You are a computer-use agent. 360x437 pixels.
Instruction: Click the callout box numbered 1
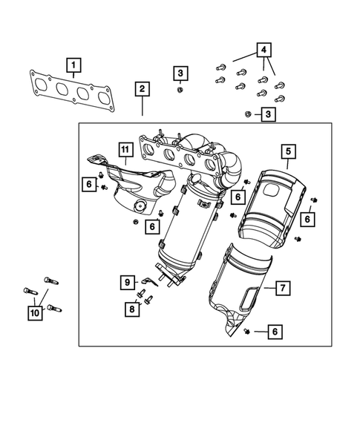[73, 65]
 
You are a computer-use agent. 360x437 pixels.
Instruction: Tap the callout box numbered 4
[263, 51]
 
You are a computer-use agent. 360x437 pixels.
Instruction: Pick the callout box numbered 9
[127, 282]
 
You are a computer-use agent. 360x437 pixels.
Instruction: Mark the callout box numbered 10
[35, 314]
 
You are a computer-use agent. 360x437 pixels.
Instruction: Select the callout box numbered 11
[125, 154]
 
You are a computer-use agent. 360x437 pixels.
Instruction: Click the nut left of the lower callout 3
[248, 114]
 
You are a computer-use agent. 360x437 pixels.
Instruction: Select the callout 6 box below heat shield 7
[275, 332]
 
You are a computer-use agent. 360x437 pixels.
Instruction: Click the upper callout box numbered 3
[181, 73]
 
